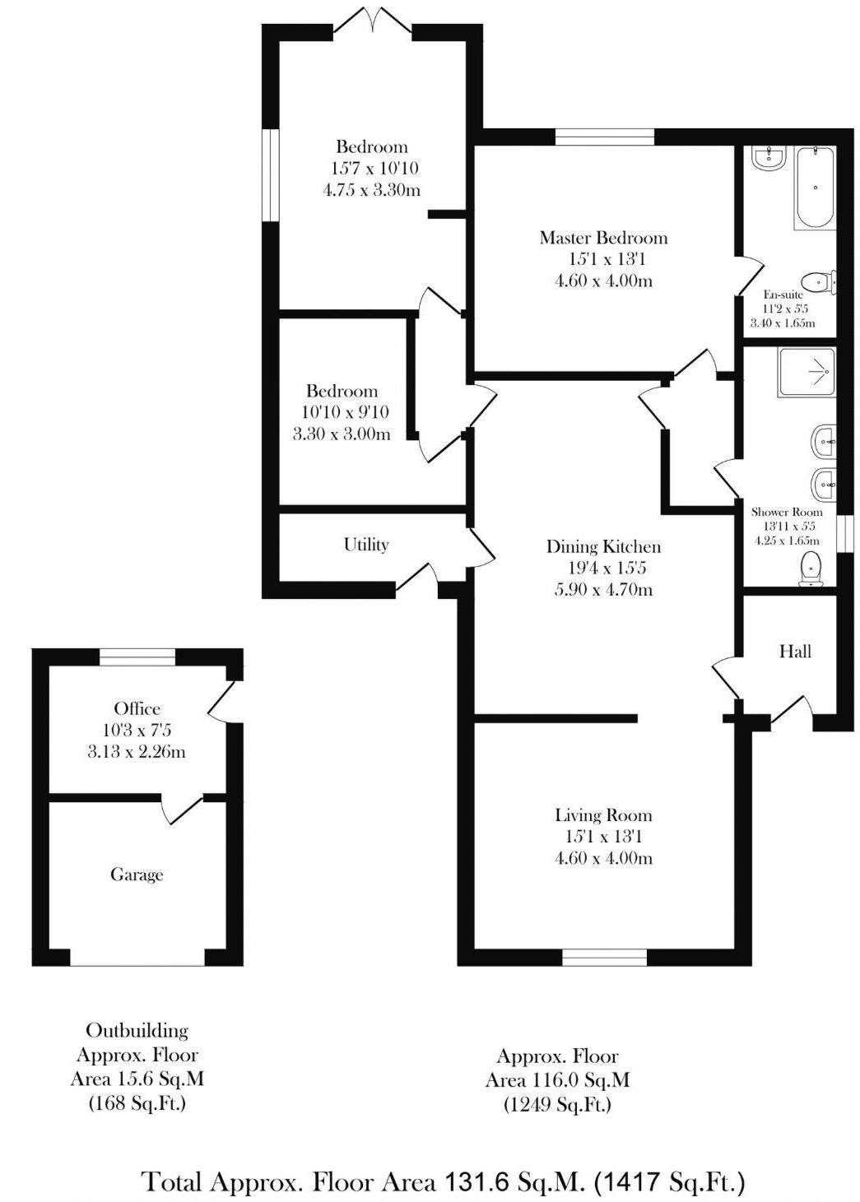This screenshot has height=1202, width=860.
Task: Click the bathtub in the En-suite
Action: (x=815, y=188)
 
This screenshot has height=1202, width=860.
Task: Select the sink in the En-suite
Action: (x=769, y=158)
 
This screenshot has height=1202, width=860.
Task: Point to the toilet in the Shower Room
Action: (x=811, y=569)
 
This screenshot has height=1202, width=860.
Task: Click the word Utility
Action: (x=366, y=545)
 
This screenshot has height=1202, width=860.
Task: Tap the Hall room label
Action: (x=795, y=652)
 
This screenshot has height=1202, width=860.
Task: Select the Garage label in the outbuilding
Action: (x=137, y=875)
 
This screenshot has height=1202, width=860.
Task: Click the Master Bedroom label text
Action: (x=603, y=238)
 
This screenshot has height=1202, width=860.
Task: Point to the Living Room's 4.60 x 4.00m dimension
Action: (x=603, y=858)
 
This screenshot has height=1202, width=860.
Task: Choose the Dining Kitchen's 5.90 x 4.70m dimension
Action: (x=603, y=589)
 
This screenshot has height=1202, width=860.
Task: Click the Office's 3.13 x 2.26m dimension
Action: (x=137, y=751)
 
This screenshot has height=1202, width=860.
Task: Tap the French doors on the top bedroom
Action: (x=372, y=21)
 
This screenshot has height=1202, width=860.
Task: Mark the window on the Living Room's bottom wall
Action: (x=604, y=956)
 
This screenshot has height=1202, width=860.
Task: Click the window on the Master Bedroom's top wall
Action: (x=605, y=137)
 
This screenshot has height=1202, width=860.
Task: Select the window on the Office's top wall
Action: (x=137, y=657)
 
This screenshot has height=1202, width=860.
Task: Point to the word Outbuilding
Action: (x=137, y=1031)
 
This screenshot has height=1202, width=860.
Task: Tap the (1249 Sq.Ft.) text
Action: (x=557, y=1104)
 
